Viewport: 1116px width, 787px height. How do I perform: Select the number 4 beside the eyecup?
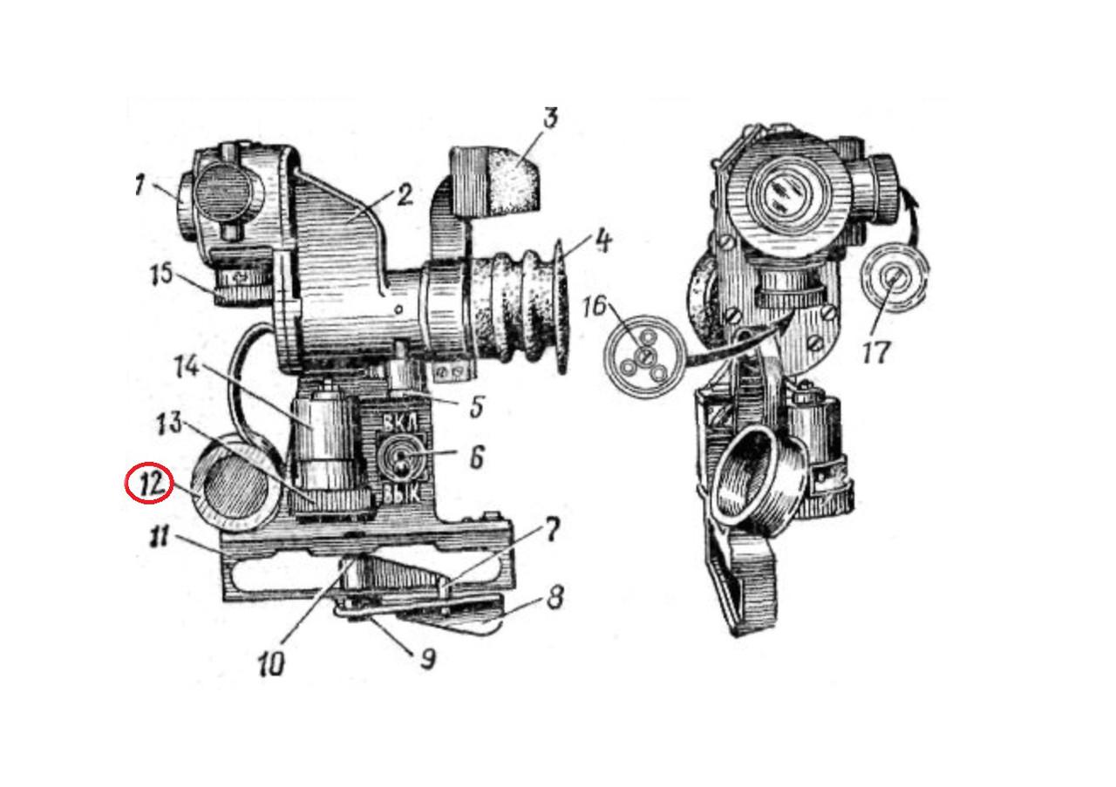coord(602,241)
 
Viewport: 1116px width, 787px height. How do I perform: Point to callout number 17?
coord(875,352)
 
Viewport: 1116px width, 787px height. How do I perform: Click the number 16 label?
coord(595,306)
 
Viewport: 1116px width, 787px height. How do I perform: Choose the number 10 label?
coord(271,663)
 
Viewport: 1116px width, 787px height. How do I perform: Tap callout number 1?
coord(140,186)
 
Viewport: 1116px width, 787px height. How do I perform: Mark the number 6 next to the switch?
coord(476,457)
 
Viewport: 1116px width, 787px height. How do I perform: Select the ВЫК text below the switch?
coord(402,492)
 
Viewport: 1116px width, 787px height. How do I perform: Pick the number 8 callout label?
coord(555,597)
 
